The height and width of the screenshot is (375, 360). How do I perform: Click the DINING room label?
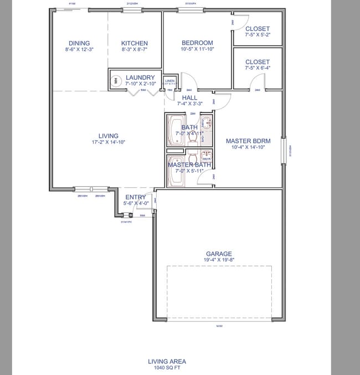pos(79,43)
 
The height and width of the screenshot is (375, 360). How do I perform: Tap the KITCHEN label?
pos(135,43)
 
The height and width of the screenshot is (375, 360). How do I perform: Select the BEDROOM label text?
pos(197,43)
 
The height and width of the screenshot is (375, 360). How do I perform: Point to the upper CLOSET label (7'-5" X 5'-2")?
pos(258,29)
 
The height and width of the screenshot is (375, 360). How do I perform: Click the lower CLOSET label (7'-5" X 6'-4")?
pos(258,62)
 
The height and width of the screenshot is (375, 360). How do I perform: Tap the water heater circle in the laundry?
pos(116,81)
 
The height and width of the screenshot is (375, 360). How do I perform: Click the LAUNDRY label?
pos(140,78)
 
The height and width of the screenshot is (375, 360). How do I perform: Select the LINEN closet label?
pos(170,81)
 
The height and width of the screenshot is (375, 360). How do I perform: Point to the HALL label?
pos(189,97)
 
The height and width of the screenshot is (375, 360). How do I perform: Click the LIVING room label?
pos(108,136)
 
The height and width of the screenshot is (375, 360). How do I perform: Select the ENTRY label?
pos(136,197)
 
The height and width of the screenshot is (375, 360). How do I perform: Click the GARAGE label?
pos(219,254)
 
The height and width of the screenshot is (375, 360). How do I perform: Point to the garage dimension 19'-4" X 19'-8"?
pos(219,260)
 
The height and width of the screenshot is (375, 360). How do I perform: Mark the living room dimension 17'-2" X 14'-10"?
pos(108,142)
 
